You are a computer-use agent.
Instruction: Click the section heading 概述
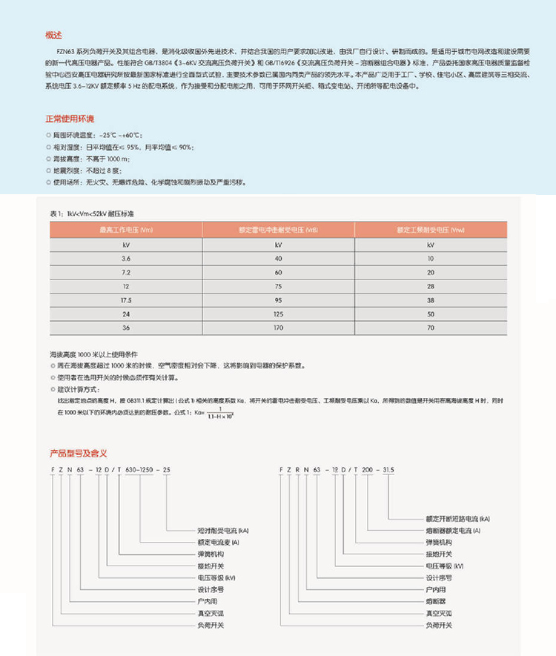tap(53, 34)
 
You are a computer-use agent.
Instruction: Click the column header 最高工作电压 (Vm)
tap(125, 230)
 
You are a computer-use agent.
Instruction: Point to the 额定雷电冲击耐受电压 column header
tap(278, 230)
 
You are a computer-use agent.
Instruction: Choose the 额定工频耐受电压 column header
tap(431, 230)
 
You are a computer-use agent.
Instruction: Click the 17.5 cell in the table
tap(125, 300)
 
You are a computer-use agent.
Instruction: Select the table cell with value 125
tap(278, 314)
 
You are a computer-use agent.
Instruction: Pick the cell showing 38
tap(431, 300)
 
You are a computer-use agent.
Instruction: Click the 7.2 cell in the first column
tap(125, 272)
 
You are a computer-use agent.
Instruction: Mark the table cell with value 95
tap(278, 300)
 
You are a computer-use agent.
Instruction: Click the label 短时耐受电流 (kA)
tap(213, 531)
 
